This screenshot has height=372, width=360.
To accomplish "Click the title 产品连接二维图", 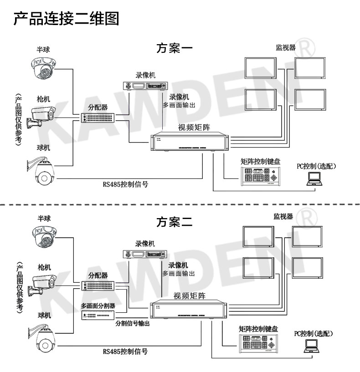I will point(67,19).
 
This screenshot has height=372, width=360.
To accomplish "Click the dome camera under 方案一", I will point(42,67).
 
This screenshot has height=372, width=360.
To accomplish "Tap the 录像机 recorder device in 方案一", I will point(145,85).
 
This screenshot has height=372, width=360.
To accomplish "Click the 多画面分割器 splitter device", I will point(97,316).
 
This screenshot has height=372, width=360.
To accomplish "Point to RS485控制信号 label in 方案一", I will point(125,184).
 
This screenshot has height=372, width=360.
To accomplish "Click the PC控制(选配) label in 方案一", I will point(316,166).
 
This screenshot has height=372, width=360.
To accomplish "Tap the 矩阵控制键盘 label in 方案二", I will point(258,328).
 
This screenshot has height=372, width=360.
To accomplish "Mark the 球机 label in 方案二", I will point(44,315).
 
